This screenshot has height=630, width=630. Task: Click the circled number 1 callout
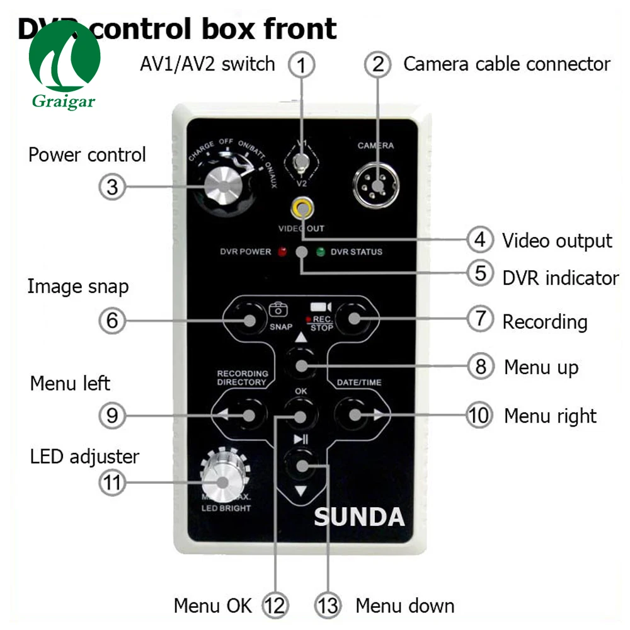301,64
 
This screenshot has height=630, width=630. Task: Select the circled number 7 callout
479,319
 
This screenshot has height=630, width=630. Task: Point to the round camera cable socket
376,184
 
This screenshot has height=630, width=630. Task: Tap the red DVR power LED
282,252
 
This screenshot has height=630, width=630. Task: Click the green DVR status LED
321,253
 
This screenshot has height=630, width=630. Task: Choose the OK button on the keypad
301,415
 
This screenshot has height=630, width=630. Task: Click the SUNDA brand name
359,517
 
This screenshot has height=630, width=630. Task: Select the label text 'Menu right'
550,416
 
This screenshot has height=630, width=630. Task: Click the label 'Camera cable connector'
507,64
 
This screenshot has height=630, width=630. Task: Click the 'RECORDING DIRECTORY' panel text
243,377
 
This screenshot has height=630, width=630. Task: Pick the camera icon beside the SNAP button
278,309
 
